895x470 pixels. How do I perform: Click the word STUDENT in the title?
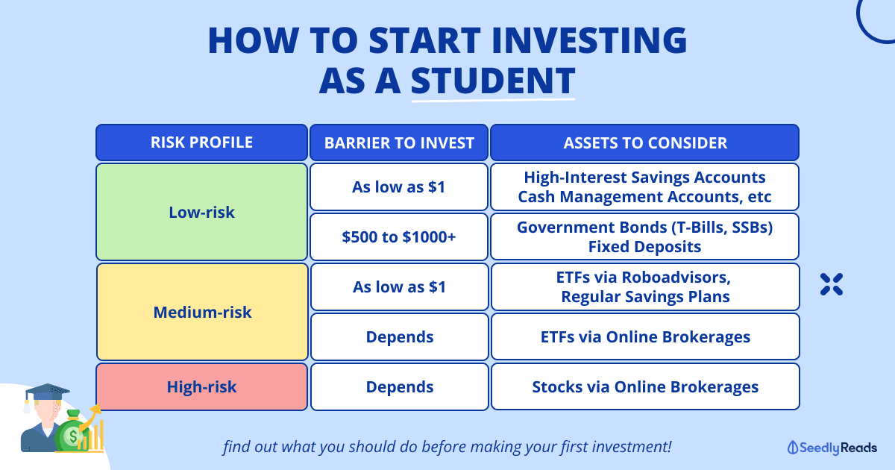point(493,81)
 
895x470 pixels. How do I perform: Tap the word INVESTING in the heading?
point(589,40)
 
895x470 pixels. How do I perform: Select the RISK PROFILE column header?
point(202,142)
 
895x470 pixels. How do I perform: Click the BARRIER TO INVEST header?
point(399,142)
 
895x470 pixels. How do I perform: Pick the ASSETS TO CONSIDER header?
point(645,142)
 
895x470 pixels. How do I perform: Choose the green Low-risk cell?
point(202,212)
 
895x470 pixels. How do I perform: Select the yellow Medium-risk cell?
point(202,312)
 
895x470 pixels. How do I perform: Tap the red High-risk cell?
point(202,386)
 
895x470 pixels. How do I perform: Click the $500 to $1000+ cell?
point(399,236)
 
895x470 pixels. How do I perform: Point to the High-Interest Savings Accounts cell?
point(645,187)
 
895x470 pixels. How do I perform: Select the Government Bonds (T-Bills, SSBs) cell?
point(645,236)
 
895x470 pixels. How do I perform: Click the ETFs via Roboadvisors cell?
point(645,286)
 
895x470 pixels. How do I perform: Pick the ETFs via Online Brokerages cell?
point(645,336)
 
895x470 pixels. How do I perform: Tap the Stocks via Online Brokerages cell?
point(645,386)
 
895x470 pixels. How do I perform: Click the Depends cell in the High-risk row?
point(400,386)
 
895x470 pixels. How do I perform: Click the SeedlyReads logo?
point(832,448)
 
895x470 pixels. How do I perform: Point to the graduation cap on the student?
point(46,393)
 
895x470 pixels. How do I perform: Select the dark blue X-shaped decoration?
point(832,284)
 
